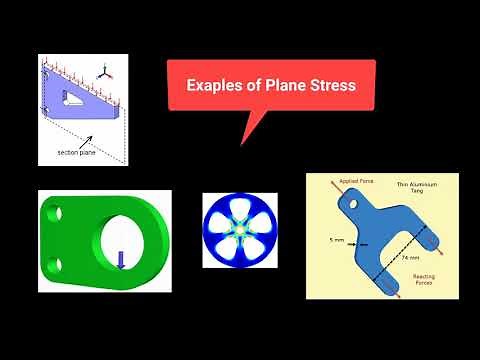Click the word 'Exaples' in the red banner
pyautogui.click(x=213, y=86)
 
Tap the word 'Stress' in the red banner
pyautogui.click(x=327, y=86)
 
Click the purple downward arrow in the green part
pyautogui.click(x=121, y=259)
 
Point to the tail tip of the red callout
pyautogui.click(x=241, y=144)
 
